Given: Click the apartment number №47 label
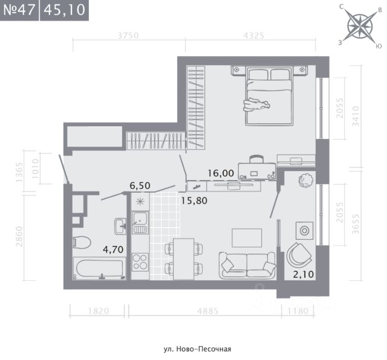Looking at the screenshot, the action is click(19, 10).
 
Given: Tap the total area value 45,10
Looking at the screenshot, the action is click(65, 10).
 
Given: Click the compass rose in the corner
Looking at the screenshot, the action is click(360, 26).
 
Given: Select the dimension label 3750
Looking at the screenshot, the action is click(128, 36).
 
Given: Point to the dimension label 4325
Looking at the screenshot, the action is click(254, 36).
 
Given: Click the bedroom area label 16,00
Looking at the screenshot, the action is click(221, 173).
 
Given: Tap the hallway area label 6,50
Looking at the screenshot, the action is click(140, 185).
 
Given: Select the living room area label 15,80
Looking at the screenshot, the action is click(194, 201).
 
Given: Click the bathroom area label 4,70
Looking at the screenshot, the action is click(113, 249).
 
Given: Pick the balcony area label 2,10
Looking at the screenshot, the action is click(304, 274).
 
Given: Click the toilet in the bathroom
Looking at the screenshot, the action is click(82, 242).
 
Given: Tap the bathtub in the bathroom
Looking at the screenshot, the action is click(99, 268).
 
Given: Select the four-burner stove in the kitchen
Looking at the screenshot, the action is click(140, 262).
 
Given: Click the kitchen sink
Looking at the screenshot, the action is click(140, 223).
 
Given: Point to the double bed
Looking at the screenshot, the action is click(269, 95).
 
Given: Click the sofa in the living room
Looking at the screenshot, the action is click(247, 265).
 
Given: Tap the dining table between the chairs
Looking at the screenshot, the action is click(183, 259).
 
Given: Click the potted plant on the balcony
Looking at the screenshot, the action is click(305, 180).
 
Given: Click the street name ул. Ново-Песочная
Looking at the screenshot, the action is click(198, 349).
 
